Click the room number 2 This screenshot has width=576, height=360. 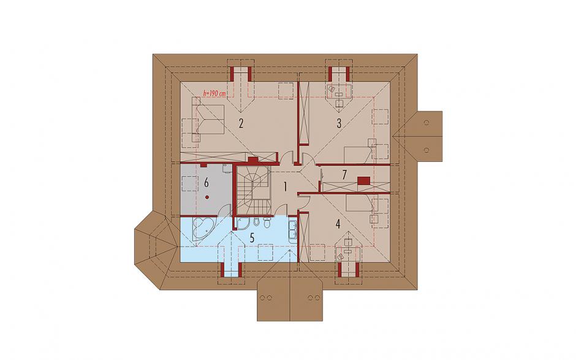click(x=241, y=123)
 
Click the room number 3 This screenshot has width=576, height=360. click(x=339, y=123)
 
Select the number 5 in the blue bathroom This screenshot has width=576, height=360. click(x=252, y=237)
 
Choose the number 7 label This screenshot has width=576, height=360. click(x=344, y=175)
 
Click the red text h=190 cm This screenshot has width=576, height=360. click(x=214, y=93)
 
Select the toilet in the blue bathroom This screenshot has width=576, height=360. click(x=267, y=223)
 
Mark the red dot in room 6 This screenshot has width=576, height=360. click(x=207, y=197)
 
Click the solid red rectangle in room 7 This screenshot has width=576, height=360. click(x=363, y=180)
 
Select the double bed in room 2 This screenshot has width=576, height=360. click(x=208, y=119)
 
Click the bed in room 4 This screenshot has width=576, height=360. click(x=359, y=204)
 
